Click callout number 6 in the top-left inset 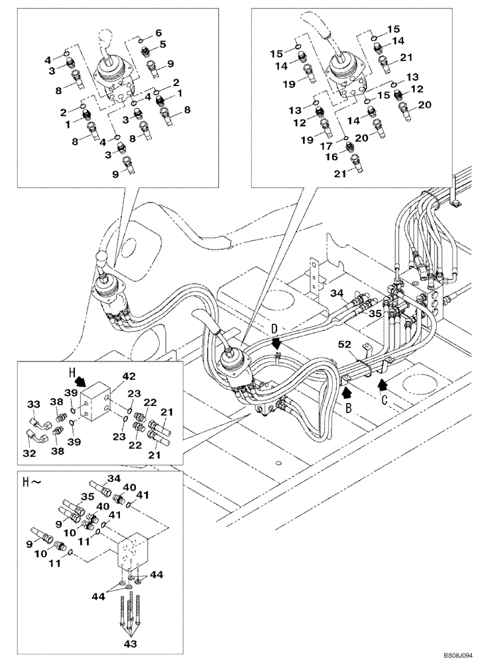click(158, 32)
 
